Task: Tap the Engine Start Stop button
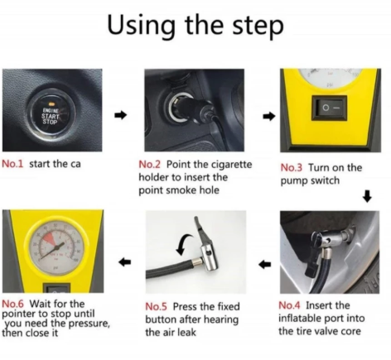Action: [51, 116]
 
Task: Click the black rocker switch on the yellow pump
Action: [330, 108]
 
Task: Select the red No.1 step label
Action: [12, 164]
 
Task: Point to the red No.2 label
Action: [149, 165]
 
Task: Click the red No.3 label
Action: [292, 167]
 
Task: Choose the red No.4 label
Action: [289, 305]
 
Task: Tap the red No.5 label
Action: [157, 306]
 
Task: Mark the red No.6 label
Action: [13, 304]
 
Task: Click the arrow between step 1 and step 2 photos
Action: [121, 115]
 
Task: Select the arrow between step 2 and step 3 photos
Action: [269, 117]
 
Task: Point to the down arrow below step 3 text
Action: [367, 196]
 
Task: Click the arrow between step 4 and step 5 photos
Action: [265, 265]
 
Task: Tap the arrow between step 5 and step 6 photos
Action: [124, 262]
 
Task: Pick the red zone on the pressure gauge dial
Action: [49, 238]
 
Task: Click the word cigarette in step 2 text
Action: [231, 165]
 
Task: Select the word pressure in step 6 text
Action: [89, 324]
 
